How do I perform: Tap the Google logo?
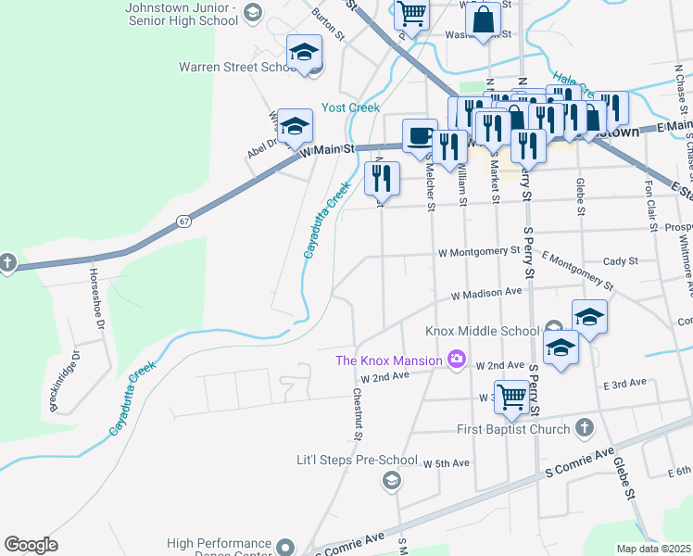31,545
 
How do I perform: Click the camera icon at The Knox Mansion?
456,360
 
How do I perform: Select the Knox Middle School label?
482,331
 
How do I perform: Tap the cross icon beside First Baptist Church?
584,428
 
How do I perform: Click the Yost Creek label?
350,108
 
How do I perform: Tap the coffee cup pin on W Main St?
419,134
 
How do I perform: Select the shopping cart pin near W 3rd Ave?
511,396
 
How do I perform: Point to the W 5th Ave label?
447,462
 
